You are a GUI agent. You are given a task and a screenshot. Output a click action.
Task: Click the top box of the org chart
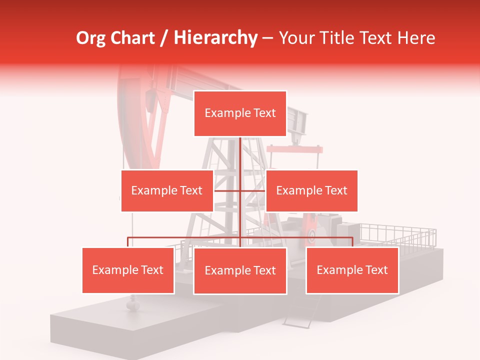pos(240,113)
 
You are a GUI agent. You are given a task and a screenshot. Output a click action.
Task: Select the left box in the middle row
pos(167,190)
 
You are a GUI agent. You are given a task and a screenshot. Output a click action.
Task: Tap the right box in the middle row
pos(311,190)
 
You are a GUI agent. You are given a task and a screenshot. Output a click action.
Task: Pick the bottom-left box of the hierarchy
pos(128,270)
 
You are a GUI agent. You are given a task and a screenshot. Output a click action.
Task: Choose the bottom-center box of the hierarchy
pos(240,270)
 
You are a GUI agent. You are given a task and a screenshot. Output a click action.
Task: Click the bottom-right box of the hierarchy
pos(352,270)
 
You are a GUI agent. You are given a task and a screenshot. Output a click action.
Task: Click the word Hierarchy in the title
pos(215,38)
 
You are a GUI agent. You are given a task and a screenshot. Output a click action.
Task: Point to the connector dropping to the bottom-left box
pos(128,242)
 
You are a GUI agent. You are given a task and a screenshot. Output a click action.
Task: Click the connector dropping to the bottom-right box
pos(352,242)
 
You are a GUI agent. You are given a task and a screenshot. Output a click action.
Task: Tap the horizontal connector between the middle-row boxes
pos(240,190)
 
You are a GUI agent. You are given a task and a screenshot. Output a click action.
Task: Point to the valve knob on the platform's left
pos(132,302)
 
